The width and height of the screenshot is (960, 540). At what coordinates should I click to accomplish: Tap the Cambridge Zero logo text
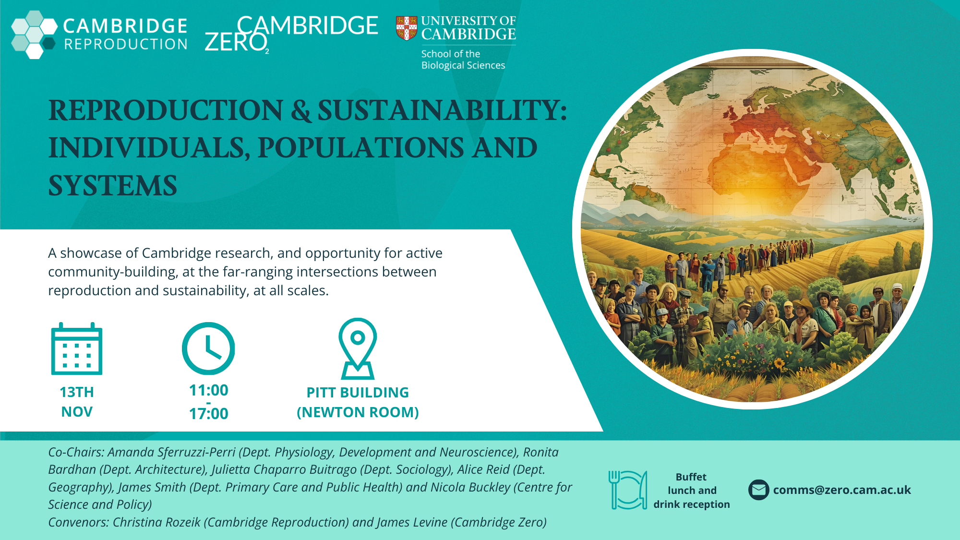[292, 34]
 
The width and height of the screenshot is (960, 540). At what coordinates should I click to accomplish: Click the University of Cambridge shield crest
[407, 28]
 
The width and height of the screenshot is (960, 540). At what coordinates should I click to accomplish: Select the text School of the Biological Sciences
[463, 60]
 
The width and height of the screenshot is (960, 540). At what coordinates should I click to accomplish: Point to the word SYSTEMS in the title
[113, 185]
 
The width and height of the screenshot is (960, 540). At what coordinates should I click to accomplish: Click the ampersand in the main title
[301, 110]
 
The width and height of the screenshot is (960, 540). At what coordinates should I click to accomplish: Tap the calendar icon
[77, 348]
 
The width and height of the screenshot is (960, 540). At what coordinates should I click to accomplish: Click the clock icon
[208, 348]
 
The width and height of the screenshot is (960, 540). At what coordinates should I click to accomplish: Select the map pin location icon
[358, 348]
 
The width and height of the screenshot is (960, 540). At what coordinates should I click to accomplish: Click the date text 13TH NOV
[77, 402]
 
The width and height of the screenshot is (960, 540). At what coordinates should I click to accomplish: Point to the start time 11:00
[208, 390]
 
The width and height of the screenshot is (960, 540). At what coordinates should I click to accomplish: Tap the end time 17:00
[208, 414]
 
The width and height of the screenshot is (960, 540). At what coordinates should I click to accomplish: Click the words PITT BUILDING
[358, 393]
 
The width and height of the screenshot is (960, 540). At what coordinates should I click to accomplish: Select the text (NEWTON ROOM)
[358, 412]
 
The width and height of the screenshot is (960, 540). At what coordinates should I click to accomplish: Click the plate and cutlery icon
[628, 490]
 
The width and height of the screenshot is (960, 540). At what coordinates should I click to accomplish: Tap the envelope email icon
[759, 490]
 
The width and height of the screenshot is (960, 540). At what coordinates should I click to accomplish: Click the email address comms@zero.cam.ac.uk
[842, 490]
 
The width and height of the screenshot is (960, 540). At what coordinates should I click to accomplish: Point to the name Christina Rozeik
[156, 522]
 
